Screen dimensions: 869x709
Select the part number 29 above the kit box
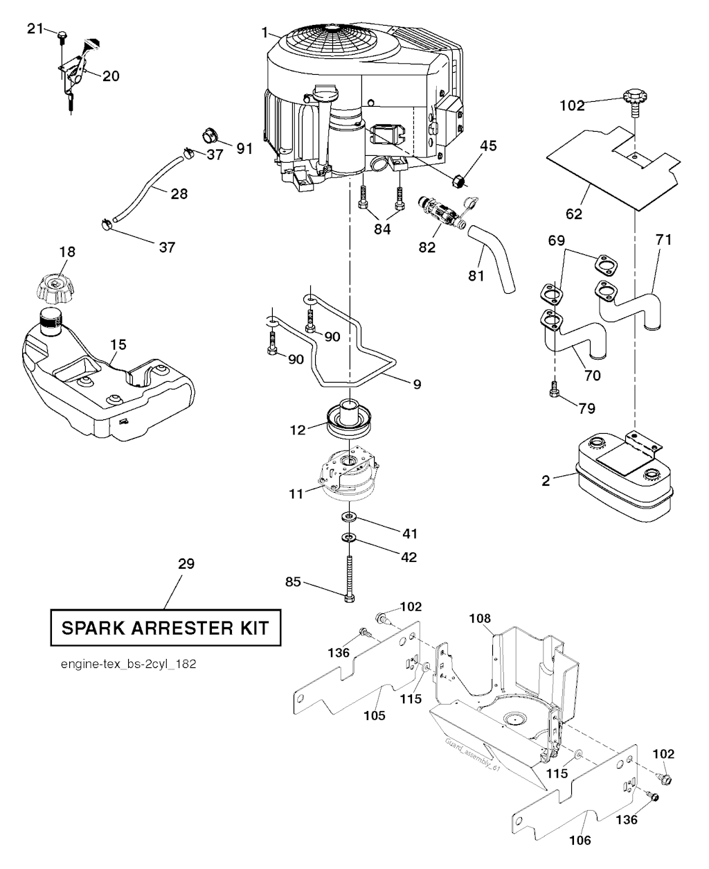tap(186, 564)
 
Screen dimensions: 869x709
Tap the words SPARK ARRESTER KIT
tap(165, 629)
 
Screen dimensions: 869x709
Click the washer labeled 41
tap(349, 517)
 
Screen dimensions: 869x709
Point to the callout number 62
tap(574, 214)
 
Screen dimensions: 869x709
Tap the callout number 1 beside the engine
tap(264, 33)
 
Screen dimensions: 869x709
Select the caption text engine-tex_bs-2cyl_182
tap(128, 664)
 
